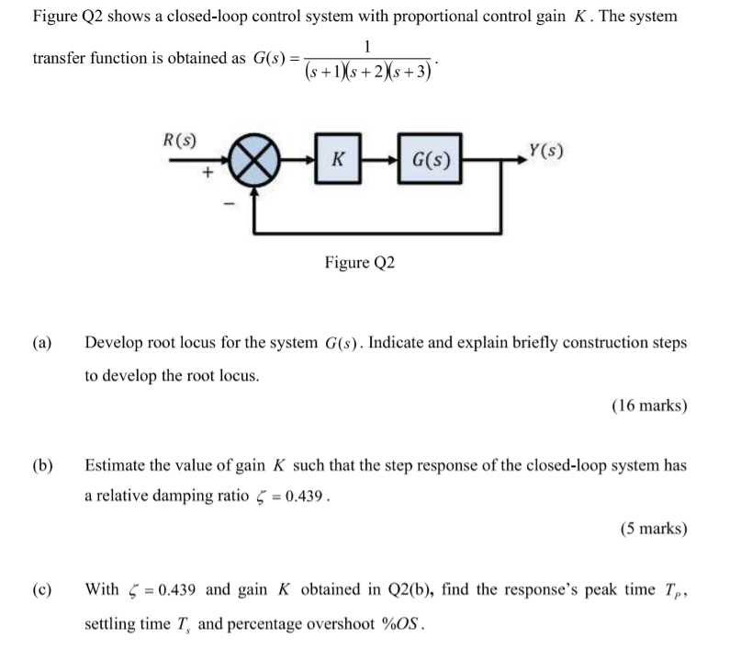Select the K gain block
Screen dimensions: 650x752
click(337, 161)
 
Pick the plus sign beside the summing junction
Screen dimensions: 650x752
click(208, 172)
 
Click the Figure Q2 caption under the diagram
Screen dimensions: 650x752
click(359, 263)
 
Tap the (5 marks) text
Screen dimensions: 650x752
click(653, 528)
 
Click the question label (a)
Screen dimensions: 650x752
click(42, 343)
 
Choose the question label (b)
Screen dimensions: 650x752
click(42, 465)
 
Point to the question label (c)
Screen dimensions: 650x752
click(42, 588)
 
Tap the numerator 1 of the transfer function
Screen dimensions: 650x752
click(367, 46)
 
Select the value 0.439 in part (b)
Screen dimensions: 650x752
click(304, 496)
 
